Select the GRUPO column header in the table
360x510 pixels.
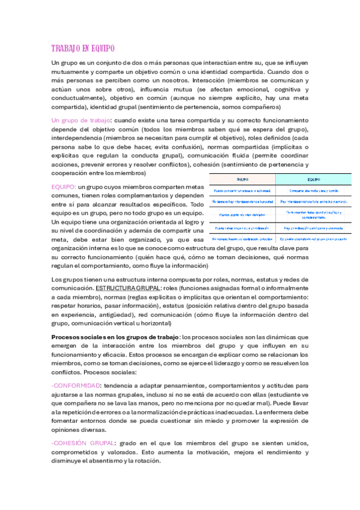[242, 179]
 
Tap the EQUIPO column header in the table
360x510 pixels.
[313, 179]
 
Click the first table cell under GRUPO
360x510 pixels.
[242, 191]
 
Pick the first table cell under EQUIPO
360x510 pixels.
[313, 191]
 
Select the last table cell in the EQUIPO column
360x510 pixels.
[313, 239]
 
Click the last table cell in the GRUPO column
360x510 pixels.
[242, 239]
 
